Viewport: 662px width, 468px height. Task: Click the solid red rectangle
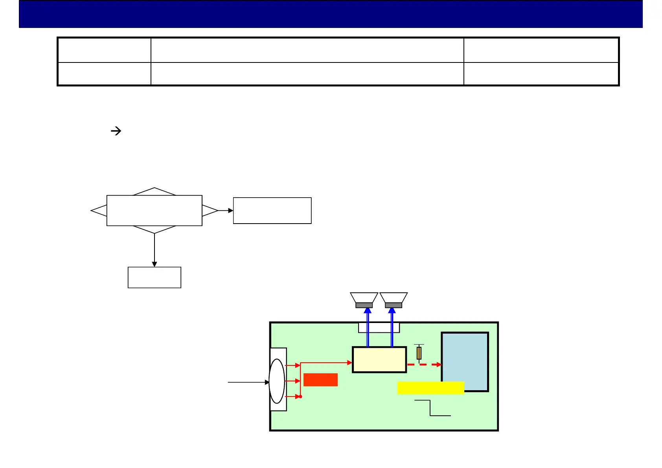pyautogui.click(x=320, y=380)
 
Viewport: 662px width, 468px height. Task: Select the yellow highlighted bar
pyautogui.click(x=430, y=387)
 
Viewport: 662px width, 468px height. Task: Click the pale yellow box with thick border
pyautogui.click(x=379, y=360)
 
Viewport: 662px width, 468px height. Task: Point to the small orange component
pyautogui.click(x=419, y=353)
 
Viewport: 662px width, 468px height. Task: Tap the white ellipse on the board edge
pyautogui.click(x=277, y=381)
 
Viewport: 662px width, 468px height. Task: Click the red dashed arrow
pyautogui.click(x=424, y=365)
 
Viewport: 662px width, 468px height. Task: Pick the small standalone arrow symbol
pyautogui.click(x=116, y=131)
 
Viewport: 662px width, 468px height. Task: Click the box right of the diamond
pyautogui.click(x=272, y=211)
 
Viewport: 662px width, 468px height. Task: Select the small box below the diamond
pyautogui.click(x=154, y=277)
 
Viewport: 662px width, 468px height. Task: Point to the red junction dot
pyautogui.click(x=300, y=397)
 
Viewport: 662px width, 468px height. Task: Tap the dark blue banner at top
pyautogui.click(x=331, y=14)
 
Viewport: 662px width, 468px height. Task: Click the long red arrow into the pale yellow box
pyautogui.click(x=326, y=363)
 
